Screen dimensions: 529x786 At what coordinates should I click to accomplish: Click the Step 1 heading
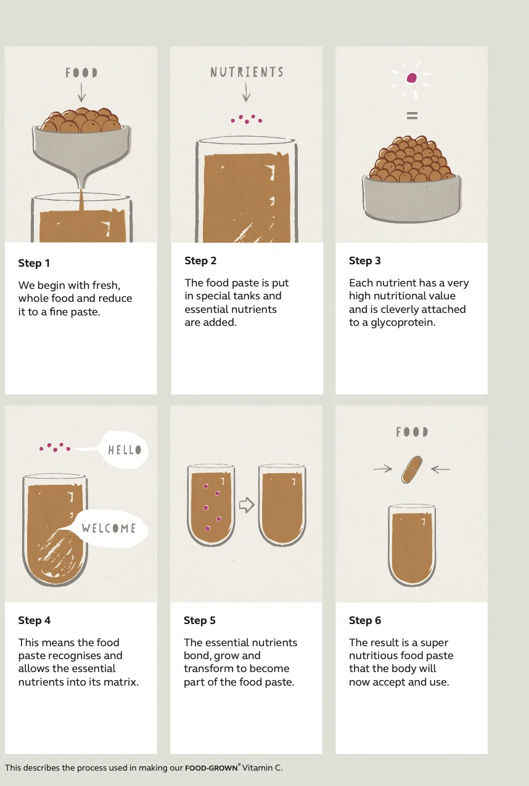click(34, 263)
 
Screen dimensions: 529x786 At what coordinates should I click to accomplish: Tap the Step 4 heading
click(35, 620)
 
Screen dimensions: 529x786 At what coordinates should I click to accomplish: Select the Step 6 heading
click(365, 620)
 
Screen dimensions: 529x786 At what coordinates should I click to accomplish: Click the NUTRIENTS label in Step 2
click(247, 72)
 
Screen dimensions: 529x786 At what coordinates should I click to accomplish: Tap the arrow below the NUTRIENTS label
click(247, 92)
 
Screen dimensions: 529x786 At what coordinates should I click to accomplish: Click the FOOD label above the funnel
click(81, 73)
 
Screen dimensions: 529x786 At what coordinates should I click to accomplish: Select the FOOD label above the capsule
click(412, 432)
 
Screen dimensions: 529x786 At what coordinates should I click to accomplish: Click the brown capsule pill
click(412, 469)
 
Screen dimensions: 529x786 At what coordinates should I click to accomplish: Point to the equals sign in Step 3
click(412, 115)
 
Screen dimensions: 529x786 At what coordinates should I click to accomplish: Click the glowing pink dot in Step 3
click(411, 78)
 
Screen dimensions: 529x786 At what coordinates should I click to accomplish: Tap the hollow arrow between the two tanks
click(247, 505)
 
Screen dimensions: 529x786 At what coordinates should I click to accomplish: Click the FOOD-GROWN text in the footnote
click(211, 768)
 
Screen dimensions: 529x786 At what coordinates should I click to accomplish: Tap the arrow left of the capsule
click(383, 469)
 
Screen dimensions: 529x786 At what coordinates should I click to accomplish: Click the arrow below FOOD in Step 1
click(81, 92)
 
